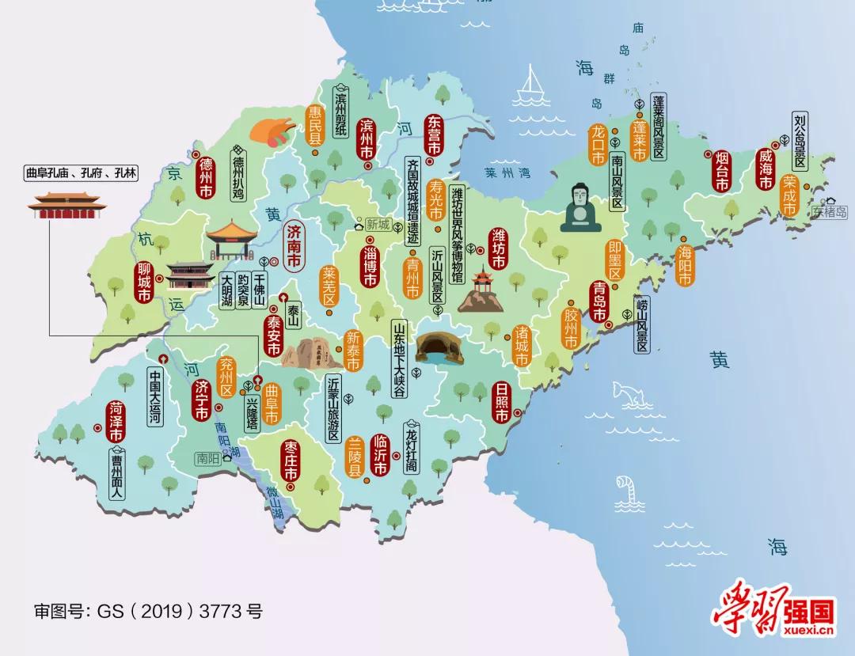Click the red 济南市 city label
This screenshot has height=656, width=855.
(x=294, y=245)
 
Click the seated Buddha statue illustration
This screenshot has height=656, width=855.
(x=582, y=208)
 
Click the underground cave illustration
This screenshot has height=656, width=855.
(x=441, y=347)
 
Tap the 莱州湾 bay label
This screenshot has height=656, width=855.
(x=504, y=172)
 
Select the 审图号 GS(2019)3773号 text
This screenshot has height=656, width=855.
(x=147, y=611)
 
